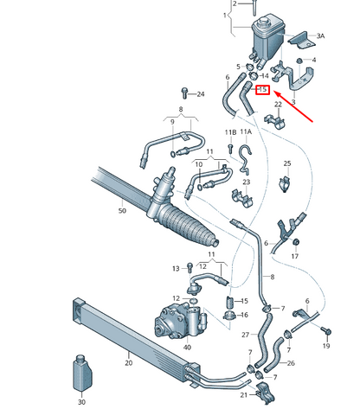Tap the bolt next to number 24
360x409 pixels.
pyautogui.click(x=184, y=93)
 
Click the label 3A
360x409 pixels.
pyautogui.click(x=320, y=36)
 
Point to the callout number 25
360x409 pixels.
pyautogui.click(x=287, y=163)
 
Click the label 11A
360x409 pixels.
pyautogui.click(x=246, y=132)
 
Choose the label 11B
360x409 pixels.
pyautogui.click(x=230, y=132)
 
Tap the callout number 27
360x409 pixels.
pyautogui.click(x=245, y=334)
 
